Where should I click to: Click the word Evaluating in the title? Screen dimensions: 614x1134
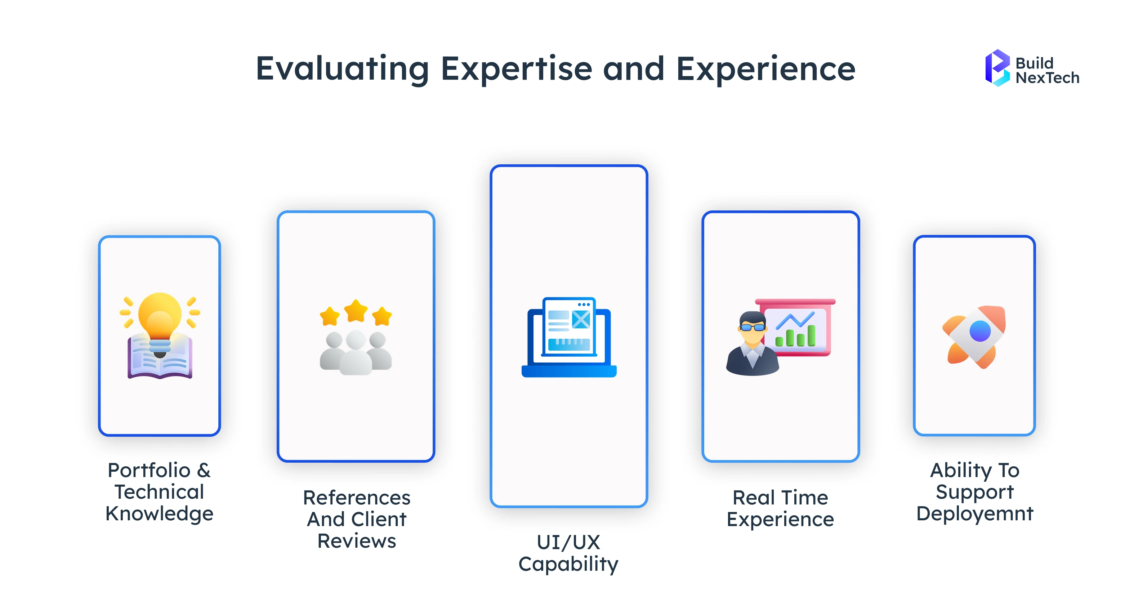click(342, 69)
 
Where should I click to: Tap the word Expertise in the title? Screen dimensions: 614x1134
click(516, 69)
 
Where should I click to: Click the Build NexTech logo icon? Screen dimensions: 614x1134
click(997, 68)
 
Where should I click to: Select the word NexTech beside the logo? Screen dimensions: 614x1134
click(1047, 78)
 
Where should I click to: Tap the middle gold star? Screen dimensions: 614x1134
click(356, 311)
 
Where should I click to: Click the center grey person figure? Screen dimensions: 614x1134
click(356, 352)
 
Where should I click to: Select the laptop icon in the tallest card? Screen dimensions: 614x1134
click(569, 337)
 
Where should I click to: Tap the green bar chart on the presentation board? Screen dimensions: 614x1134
click(795, 337)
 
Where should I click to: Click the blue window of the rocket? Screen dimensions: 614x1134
click(980, 331)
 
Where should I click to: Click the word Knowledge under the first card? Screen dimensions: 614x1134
click(159, 513)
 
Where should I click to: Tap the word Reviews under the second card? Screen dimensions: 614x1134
click(357, 541)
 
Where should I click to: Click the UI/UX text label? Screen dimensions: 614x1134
click(568, 542)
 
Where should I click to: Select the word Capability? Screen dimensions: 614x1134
click(568, 564)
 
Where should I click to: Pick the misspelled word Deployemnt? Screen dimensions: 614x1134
click(975, 513)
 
